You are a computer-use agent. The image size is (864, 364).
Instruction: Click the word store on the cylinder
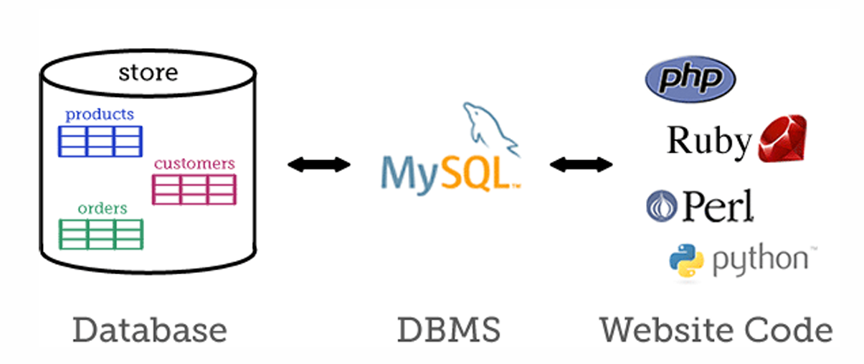coord(148,73)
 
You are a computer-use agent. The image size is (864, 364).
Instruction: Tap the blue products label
coord(100,114)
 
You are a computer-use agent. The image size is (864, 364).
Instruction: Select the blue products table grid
coord(100,141)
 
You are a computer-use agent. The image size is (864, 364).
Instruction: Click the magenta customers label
coord(194,164)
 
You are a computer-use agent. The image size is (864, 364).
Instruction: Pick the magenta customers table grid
coord(194,189)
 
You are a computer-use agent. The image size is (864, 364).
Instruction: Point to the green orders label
coord(103,208)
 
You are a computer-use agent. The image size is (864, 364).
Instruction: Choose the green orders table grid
coord(100,234)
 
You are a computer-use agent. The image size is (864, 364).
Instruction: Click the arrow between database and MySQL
coord(318,165)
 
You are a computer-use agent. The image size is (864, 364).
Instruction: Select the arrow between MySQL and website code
coord(581,165)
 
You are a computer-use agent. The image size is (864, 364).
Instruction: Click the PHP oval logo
coord(690,78)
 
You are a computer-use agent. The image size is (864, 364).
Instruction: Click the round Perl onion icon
coord(659,205)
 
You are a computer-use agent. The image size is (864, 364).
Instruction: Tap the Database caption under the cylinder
coord(150,330)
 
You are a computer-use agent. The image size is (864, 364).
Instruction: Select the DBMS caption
coord(449,330)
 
